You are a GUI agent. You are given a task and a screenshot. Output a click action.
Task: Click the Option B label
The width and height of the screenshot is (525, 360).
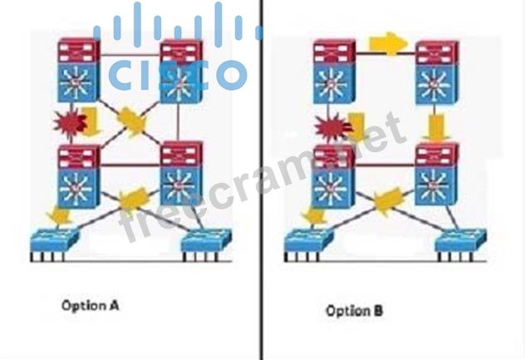tap(355, 311)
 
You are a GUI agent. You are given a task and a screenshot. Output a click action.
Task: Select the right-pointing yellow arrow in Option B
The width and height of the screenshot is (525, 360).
tap(385, 43)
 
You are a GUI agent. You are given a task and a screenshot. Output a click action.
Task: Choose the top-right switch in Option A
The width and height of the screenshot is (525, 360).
tap(182, 71)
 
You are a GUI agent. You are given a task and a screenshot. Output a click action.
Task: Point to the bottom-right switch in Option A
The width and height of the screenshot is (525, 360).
tap(182, 175)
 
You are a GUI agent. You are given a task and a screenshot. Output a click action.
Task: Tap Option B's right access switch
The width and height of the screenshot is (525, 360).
tap(461, 241)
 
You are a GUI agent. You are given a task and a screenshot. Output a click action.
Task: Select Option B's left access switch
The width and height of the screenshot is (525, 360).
tap(310, 241)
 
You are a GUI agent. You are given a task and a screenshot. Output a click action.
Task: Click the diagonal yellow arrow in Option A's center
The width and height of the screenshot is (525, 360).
tap(131, 121)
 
